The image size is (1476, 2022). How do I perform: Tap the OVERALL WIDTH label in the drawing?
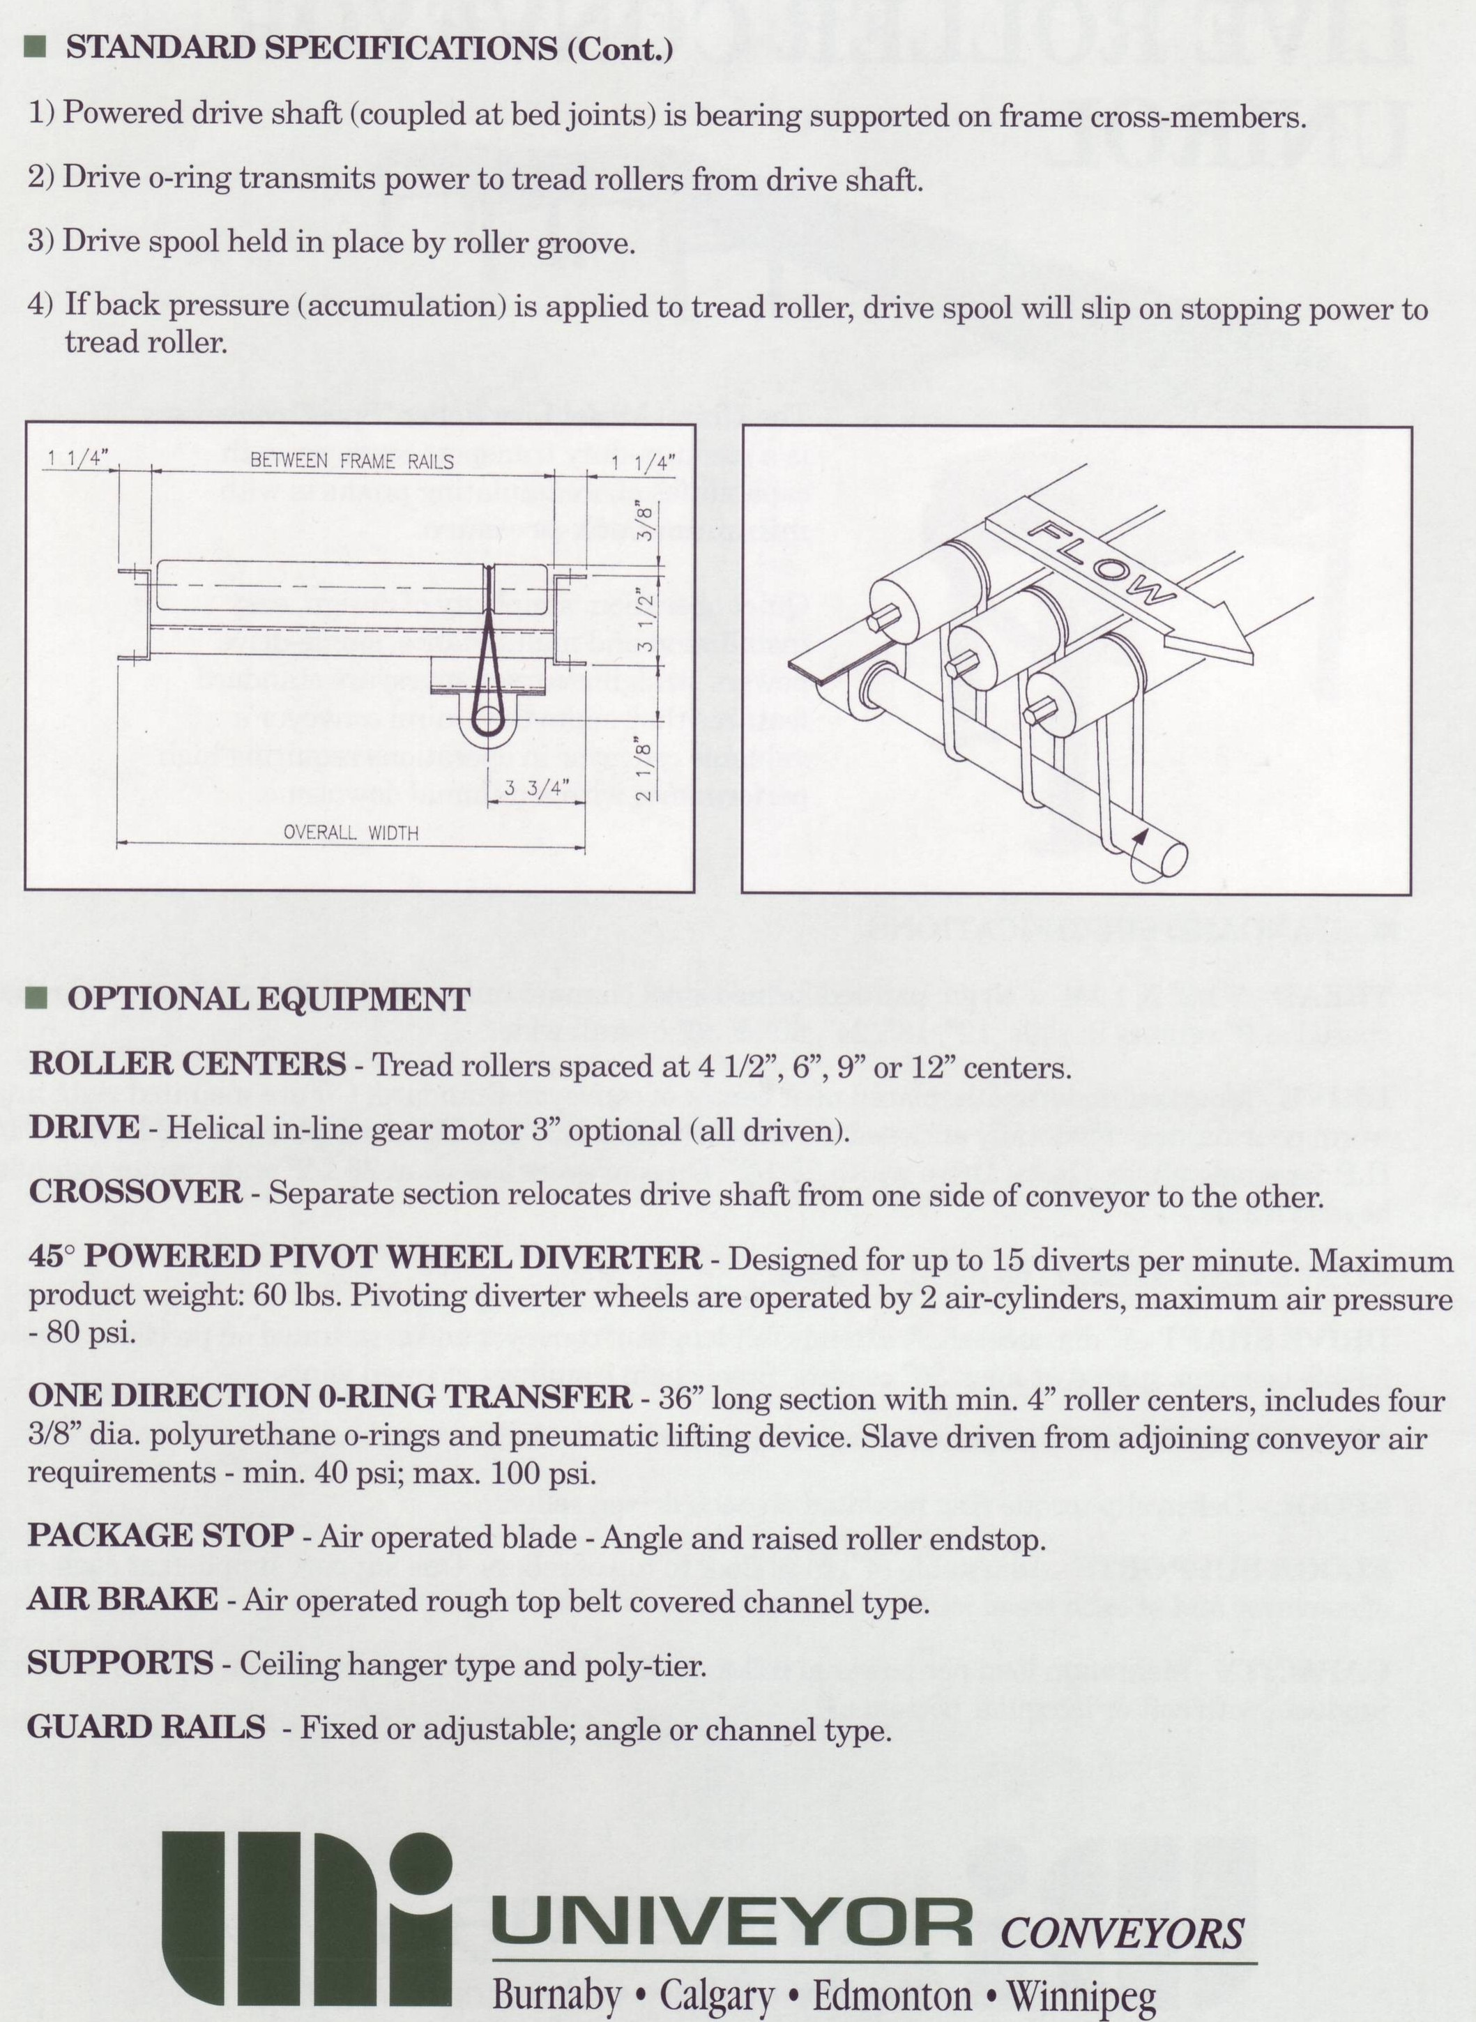coord(350,833)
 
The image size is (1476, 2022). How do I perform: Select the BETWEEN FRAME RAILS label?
coord(351,461)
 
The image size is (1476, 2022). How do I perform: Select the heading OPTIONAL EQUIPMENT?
coord(268,999)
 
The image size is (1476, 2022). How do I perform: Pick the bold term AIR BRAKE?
coord(123,1599)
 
